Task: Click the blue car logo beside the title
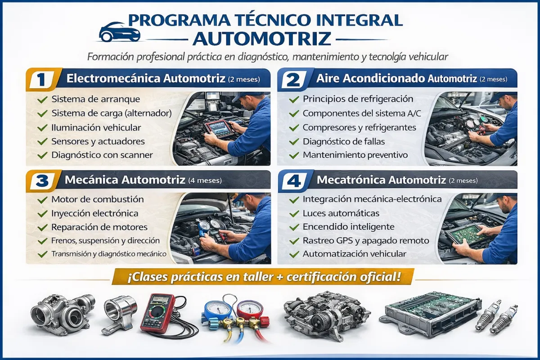click(120, 32)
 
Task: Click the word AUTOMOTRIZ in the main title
click(262, 39)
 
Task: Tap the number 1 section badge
click(41, 80)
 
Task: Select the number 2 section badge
click(293, 80)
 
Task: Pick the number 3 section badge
click(42, 181)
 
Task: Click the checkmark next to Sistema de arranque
click(42, 99)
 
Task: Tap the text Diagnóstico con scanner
click(102, 155)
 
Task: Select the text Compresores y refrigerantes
click(359, 127)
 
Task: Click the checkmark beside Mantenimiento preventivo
click(294, 156)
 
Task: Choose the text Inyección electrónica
click(95, 213)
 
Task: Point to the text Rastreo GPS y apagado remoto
click(366, 241)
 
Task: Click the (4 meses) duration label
click(205, 180)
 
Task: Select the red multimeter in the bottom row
click(157, 312)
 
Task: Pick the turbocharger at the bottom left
click(63, 311)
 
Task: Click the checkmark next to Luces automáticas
click(294, 214)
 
